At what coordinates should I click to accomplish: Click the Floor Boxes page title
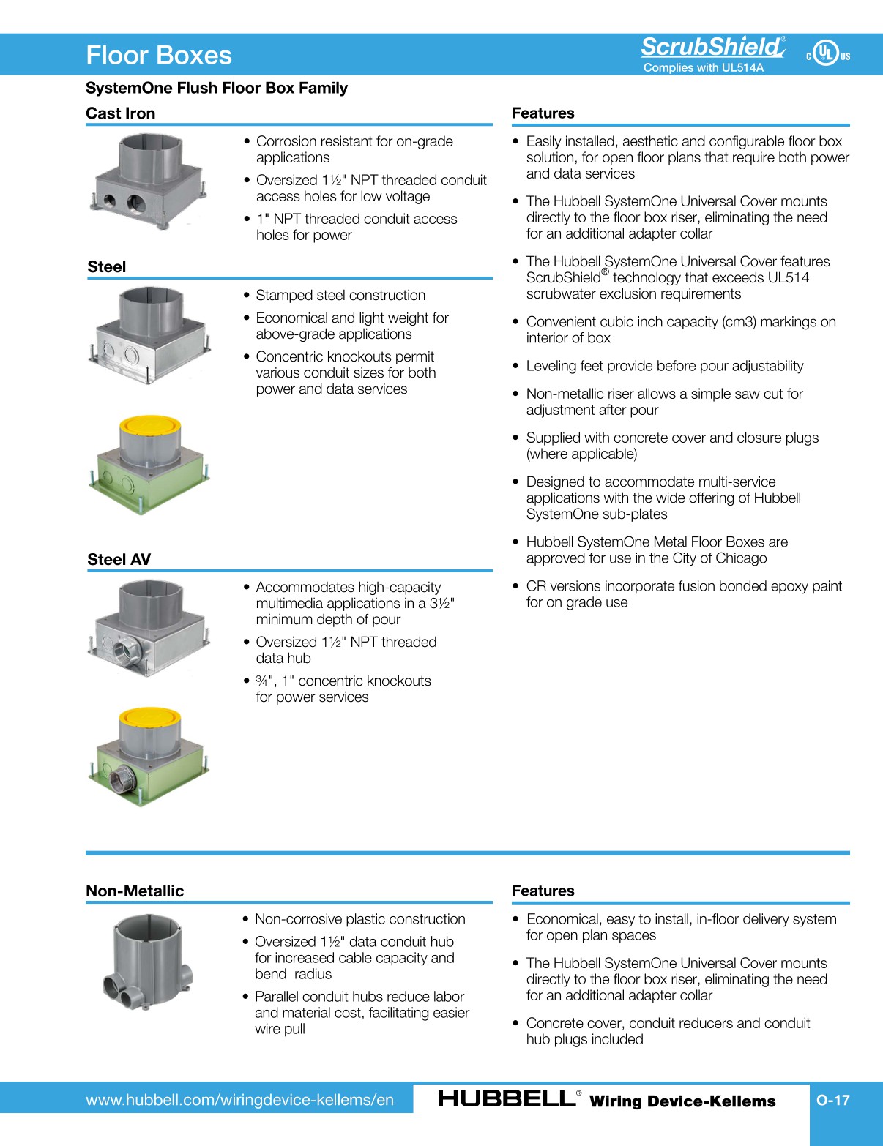coord(159,56)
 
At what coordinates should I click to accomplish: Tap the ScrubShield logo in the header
coord(712,47)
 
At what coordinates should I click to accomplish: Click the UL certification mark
coord(827,53)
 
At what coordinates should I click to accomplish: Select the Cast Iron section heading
coord(121,113)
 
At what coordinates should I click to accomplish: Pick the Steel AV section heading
coord(119,560)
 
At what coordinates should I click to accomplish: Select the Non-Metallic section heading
coord(135,891)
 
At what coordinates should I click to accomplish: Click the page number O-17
coord(833,1100)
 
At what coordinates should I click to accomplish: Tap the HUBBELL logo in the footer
coord(507,1098)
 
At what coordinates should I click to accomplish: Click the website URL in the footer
coord(239,1100)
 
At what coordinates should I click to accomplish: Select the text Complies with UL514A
coord(703,68)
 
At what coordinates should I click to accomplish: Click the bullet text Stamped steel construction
coord(340,296)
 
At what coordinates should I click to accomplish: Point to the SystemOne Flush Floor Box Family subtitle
coord(217,89)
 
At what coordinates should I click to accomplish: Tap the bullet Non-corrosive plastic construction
coord(359,919)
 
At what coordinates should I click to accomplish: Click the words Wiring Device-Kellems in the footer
coord(682,1101)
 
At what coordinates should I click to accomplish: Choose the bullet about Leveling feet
coord(664,366)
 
